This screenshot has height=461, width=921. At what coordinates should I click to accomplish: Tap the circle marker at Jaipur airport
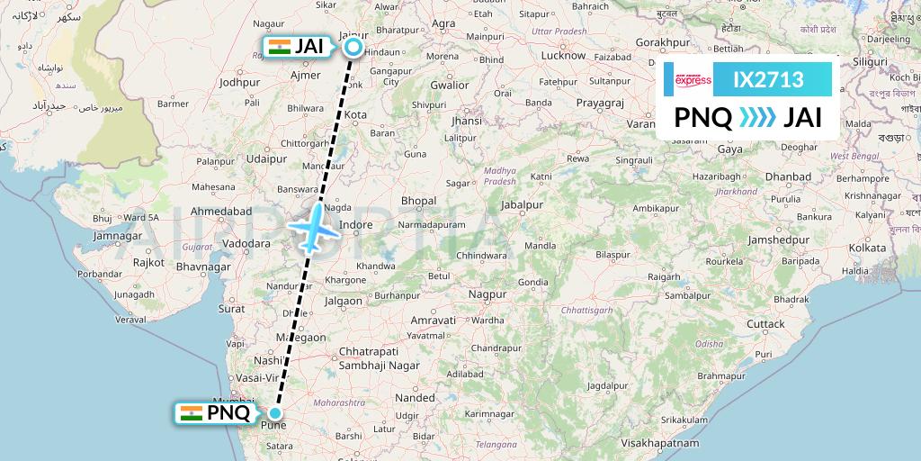[353, 48]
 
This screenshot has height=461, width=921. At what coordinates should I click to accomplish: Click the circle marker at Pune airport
[276, 413]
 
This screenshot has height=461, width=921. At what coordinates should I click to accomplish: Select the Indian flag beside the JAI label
[278, 47]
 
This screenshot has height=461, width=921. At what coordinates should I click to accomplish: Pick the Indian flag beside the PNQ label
[191, 412]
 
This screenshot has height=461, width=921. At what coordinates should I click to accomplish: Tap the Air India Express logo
[693, 80]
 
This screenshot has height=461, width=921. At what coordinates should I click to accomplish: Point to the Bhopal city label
[419, 201]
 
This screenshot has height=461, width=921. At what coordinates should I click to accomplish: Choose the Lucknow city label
[563, 56]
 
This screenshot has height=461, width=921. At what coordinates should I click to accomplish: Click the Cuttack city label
[765, 323]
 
